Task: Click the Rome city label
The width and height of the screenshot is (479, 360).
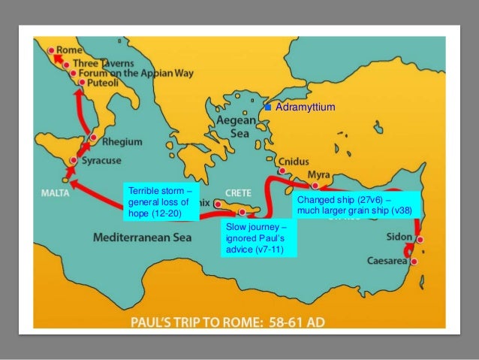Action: (x=70, y=50)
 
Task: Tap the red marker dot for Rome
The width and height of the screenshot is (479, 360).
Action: (x=52, y=50)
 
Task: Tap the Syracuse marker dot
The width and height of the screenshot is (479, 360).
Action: (x=73, y=161)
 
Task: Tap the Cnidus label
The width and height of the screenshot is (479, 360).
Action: (x=293, y=161)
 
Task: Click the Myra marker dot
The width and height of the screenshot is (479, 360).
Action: (x=315, y=185)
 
